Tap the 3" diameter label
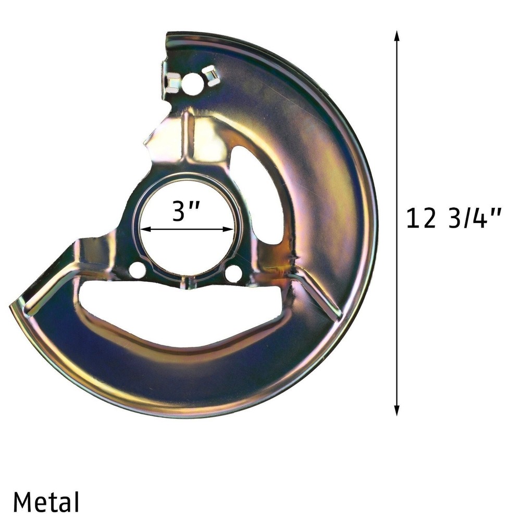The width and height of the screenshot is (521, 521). pos(186,211)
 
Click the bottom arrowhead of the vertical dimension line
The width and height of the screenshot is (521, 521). pos(396,411)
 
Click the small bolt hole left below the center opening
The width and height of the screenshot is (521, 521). pos(137,270)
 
